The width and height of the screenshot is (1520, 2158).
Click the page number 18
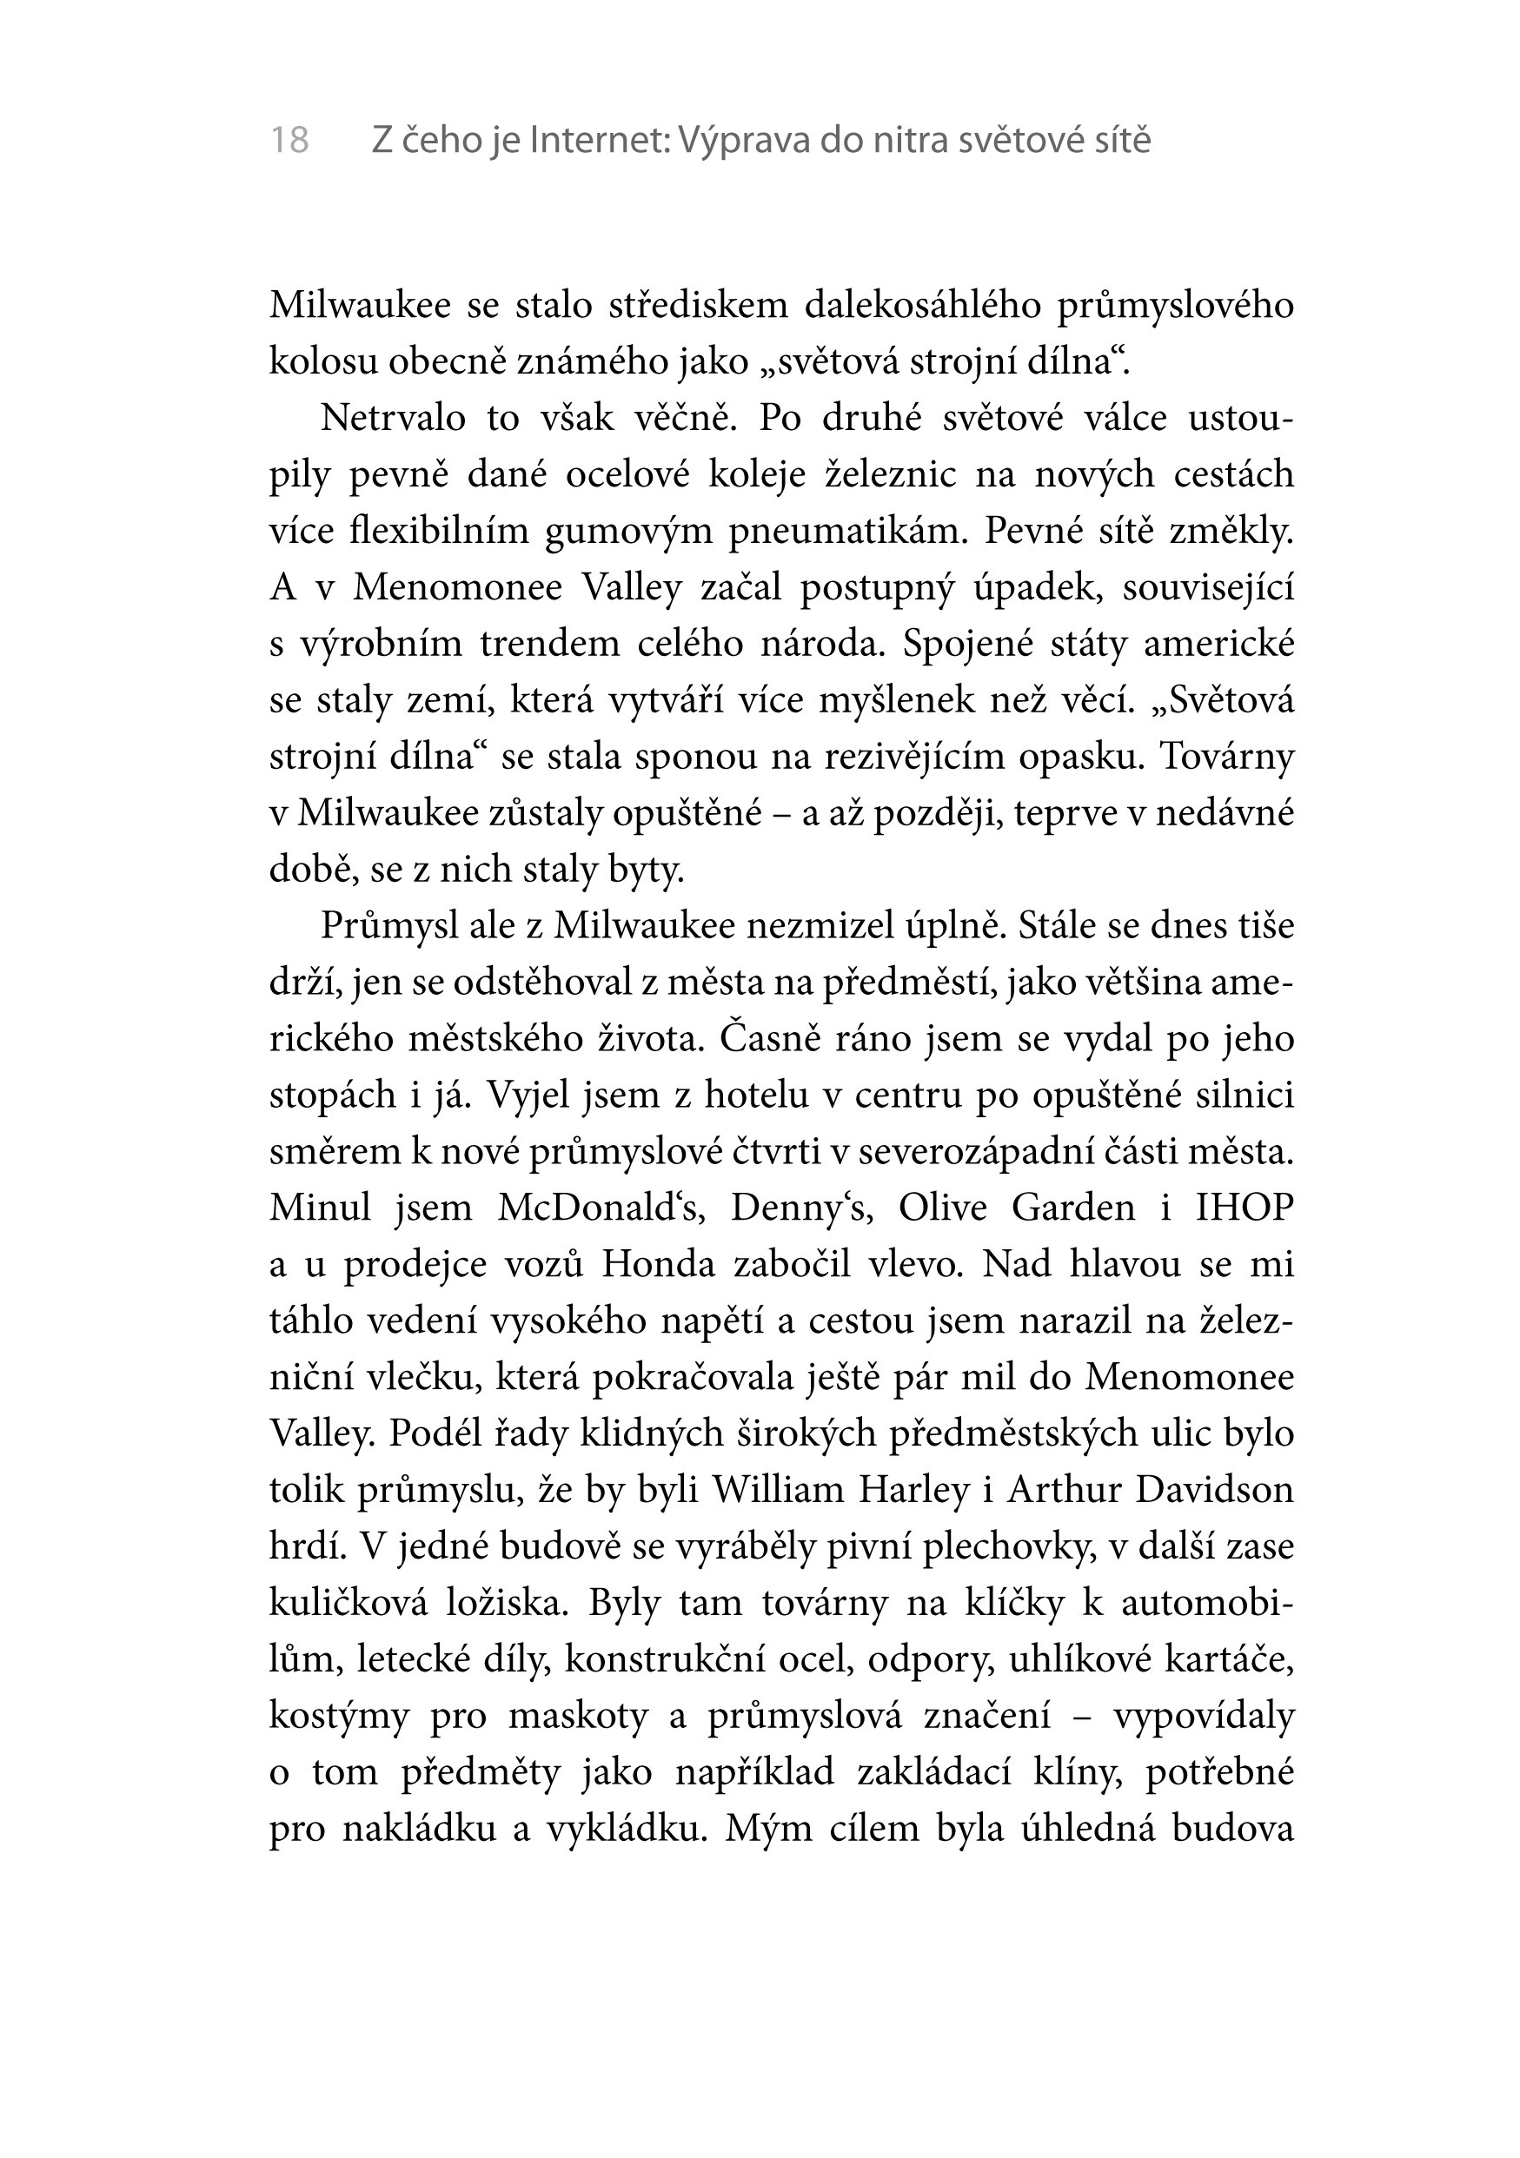pos(289,141)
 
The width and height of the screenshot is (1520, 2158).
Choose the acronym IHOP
pos(1245,1208)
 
